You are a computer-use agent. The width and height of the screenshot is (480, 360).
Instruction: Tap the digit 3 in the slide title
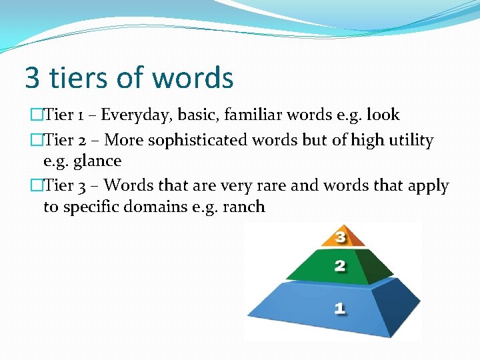click(x=31, y=77)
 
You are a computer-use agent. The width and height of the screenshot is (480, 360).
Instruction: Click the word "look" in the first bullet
click(x=383, y=115)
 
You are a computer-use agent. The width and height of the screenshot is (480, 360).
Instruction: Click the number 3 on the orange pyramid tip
click(x=340, y=237)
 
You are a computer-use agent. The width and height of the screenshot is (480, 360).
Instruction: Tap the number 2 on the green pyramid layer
click(x=339, y=267)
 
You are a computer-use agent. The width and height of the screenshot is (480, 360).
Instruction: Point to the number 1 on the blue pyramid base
click(x=339, y=308)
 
